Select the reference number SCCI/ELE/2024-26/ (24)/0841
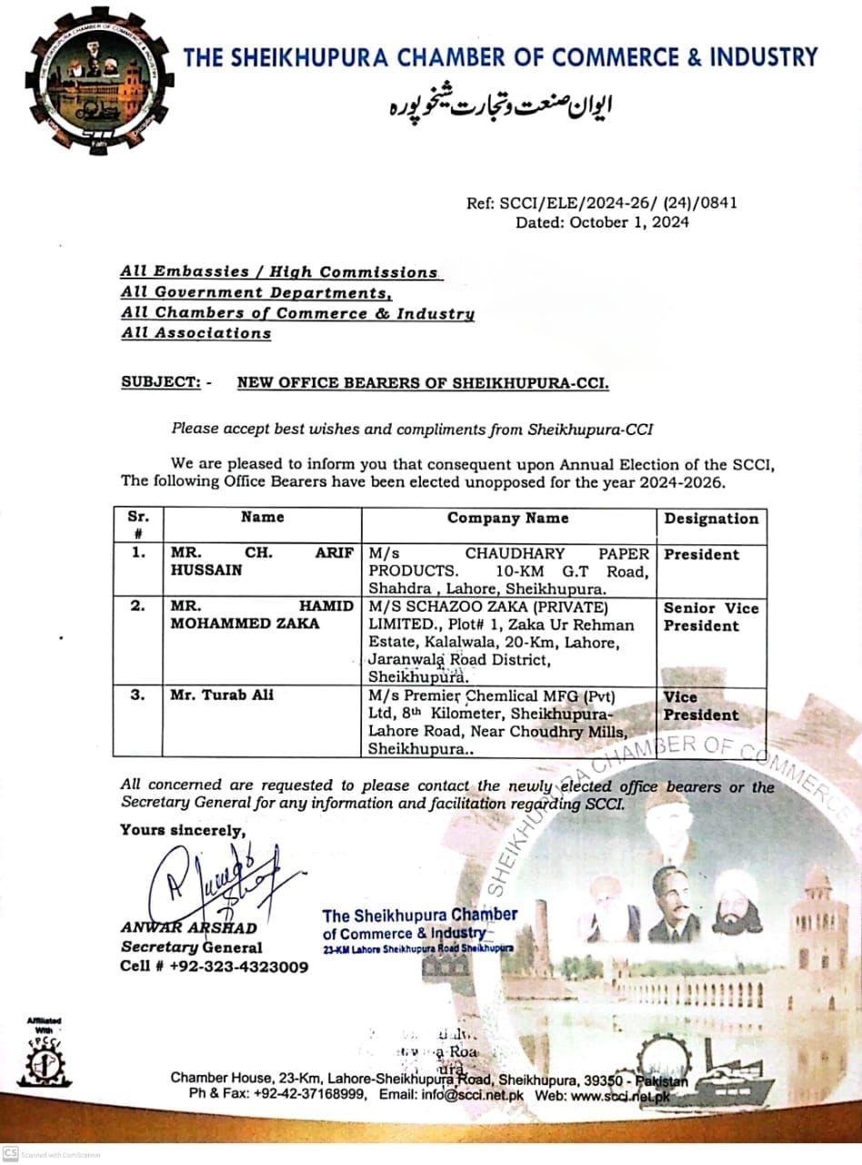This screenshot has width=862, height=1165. [x=618, y=202]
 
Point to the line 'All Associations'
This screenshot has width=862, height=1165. [x=196, y=333]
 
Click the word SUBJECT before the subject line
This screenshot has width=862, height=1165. [x=161, y=383]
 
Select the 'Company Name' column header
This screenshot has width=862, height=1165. [x=507, y=518]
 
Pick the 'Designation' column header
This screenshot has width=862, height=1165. [x=711, y=519]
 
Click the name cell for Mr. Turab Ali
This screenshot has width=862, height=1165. [x=222, y=695]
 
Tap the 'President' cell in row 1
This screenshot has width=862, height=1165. [x=702, y=554]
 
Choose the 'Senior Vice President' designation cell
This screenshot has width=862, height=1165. [x=710, y=617]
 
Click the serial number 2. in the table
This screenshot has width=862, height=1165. [x=137, y=607]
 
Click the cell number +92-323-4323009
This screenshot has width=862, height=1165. [x=237, y=967]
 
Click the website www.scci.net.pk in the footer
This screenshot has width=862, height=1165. [x=622, y=1096]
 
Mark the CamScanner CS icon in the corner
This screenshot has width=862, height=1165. [x=10, y=1151]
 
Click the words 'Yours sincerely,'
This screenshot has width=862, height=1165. [x=182, y=829]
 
